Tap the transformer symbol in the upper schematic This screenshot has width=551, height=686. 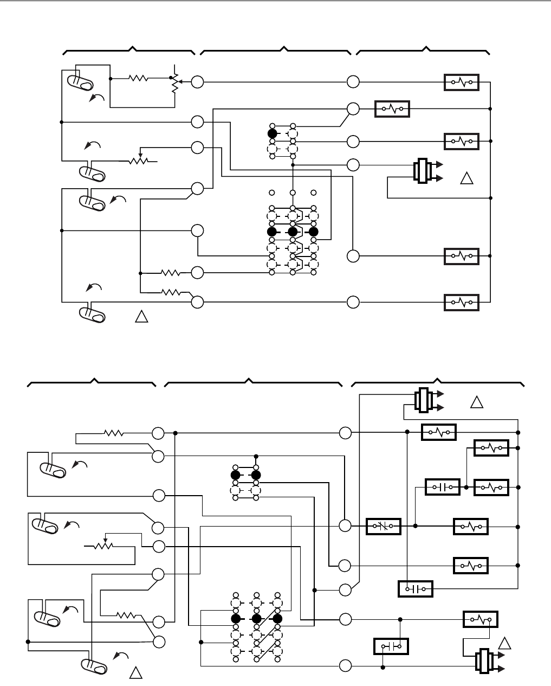(422, 171)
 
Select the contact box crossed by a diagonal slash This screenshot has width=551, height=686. (384, 525)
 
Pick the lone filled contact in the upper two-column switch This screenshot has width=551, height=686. (272, 133)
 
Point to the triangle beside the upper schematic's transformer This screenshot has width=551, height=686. (466, 178)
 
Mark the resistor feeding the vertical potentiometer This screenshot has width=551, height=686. (139, 78)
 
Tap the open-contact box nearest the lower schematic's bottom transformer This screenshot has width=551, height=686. (391, 646)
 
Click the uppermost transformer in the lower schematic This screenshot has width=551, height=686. (423, 401)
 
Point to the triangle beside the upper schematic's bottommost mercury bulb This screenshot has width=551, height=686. (141, 317)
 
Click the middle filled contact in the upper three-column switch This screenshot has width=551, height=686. (293, 232)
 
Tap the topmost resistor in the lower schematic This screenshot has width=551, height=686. (114, 433)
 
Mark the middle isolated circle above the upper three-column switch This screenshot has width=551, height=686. (293, 193)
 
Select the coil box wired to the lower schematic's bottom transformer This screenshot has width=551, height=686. (480, 619)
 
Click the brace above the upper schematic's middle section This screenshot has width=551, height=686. (276, 52)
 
